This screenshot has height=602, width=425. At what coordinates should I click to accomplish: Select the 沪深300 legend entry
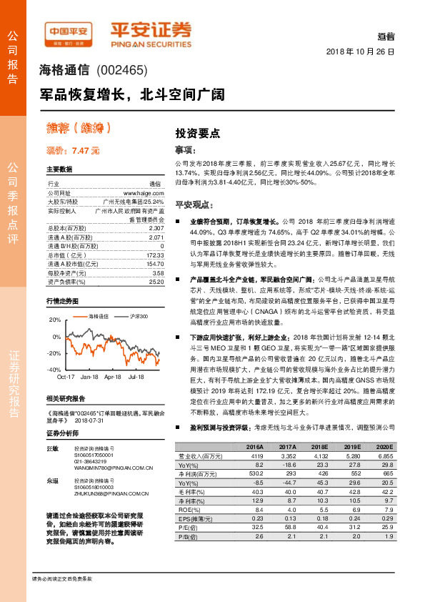point(138,315)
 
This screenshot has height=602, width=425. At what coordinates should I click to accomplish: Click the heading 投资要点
point(197,133)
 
